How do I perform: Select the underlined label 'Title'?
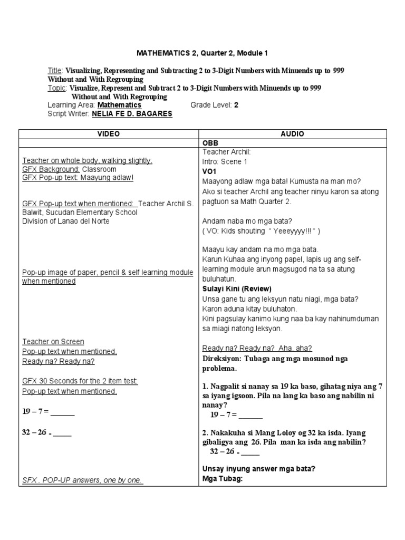click(55, 71)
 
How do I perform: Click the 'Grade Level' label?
click(211, 105)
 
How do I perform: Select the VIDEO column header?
click(108, 134)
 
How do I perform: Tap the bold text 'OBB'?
click(210, 143)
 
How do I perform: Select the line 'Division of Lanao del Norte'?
click(66, 221)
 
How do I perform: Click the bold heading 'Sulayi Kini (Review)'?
click(237, 288)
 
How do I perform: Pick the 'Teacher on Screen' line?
click(53, 342)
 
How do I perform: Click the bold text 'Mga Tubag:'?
click(221, 479)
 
